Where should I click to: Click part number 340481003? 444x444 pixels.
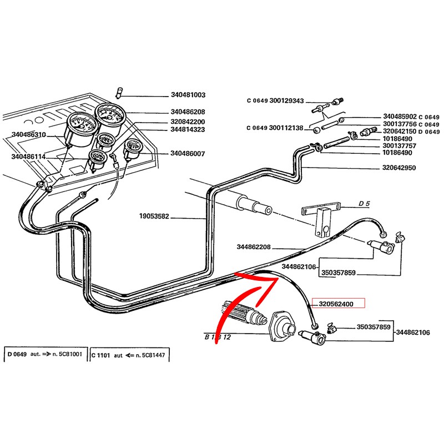[188, 95]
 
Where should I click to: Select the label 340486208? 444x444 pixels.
[188, 112]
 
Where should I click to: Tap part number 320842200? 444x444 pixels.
[188, 122]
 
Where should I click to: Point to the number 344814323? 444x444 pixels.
[188, 129]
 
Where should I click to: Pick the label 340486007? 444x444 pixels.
[188, 153]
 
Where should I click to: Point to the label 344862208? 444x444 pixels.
[253, 247]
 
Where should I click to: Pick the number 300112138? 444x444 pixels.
[286, 128]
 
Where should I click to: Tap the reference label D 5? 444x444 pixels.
[364, 204]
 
